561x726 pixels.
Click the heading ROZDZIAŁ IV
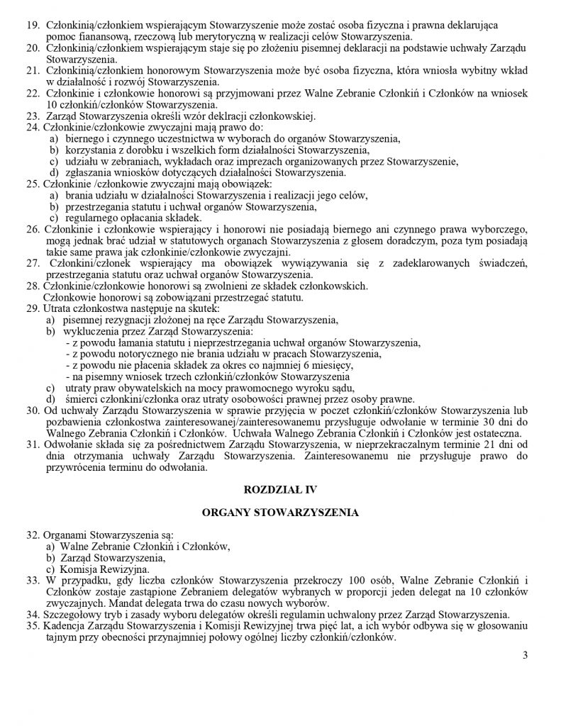[280, 489]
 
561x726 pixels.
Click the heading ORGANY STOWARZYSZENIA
[280, 512]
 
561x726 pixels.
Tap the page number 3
[526, 654]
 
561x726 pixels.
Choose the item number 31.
[32, 444]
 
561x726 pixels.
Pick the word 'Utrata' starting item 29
[59, 309]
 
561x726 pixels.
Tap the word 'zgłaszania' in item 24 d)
[87, 172]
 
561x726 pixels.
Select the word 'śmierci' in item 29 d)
[79, 398]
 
